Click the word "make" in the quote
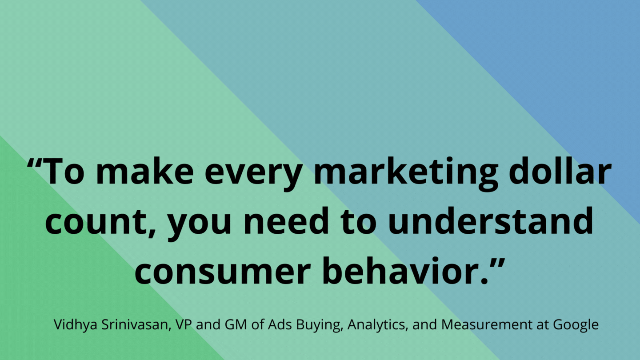click(145, 171)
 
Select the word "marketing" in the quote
click(406, 173)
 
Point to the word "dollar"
click(560, 171)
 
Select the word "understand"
click(490, 220)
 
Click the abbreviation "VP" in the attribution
click(184, 325)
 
